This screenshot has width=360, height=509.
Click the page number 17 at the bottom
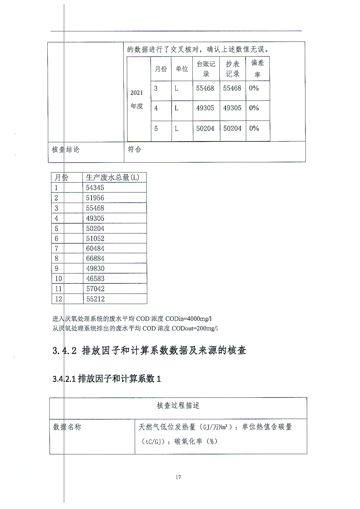click(178, 477)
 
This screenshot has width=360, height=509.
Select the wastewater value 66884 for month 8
click(95, 258)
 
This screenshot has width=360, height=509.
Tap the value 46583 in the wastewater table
click(95, 279)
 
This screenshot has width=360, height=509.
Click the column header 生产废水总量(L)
click(112, 177)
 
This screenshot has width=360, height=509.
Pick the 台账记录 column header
click(206, 69)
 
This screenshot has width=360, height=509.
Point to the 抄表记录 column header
click(233, 69)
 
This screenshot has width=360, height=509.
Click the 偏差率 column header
click(258, 69)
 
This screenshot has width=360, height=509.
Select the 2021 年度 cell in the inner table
click(137, 99)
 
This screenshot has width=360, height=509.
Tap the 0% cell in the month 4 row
click(254, 108)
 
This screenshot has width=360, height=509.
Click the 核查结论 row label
click(65, 150)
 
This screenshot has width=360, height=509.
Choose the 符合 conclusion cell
click(135, 149)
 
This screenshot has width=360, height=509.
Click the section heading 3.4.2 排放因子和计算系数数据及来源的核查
click(150, 350)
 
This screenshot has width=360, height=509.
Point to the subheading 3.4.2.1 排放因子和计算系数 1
click(107, 379)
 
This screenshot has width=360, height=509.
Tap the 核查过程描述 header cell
click(178, 406)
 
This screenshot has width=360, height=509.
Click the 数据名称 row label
click(67, 427)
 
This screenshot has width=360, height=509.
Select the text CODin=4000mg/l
click(188, 319)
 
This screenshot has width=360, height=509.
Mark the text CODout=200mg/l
click(195, 328)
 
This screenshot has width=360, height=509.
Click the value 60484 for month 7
click(95, 249)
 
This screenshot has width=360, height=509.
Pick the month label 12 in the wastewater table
click(58, 299)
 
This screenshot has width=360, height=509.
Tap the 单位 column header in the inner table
click(182, 69)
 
